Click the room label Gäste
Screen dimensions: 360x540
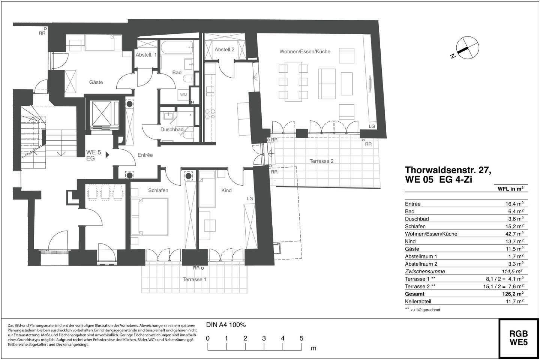96,82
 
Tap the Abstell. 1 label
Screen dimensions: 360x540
146,55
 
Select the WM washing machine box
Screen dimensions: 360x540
183,95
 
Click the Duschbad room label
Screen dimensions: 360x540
172,129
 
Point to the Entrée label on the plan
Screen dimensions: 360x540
145,155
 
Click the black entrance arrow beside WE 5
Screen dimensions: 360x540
107,154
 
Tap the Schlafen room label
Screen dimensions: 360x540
158,190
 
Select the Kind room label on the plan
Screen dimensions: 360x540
226,190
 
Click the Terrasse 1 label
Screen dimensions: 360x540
194,279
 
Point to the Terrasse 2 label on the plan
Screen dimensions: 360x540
321,161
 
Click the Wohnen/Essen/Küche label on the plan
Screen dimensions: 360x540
305,51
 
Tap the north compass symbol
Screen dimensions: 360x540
467,48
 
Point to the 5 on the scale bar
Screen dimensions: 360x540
301,338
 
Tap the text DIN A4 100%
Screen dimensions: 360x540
226,325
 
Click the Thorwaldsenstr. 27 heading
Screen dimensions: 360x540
448,170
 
